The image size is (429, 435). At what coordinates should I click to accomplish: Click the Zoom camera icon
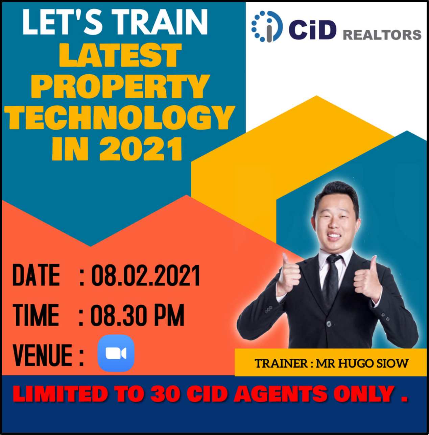click(116, 353)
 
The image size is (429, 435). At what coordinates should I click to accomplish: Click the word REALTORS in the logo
click(382, 35)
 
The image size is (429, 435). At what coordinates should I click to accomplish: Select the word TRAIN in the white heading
click(160, 22)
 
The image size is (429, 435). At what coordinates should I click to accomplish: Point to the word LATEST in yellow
click(120, 55)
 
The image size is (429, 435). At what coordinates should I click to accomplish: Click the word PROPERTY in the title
click(120, 86)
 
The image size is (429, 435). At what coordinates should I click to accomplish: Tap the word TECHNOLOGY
click(120, 118)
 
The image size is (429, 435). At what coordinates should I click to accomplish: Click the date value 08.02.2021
click(146, 276)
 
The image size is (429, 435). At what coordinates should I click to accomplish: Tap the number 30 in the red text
click(165, 394)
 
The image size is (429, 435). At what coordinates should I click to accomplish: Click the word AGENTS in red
click(281, 394)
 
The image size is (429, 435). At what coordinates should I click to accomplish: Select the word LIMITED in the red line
click(60, 394)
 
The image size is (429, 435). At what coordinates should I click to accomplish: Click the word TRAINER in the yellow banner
click(281, 363)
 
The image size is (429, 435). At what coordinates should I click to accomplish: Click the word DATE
click(36, 275)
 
